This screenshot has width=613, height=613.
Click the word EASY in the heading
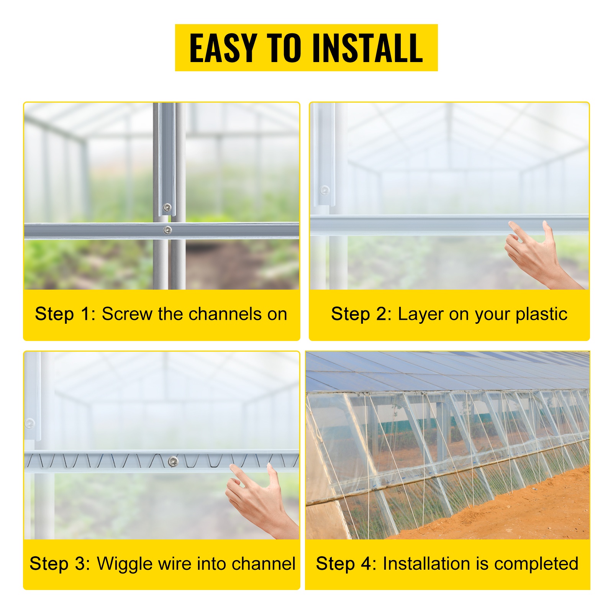point(223,48)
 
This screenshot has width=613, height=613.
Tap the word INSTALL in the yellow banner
point(367,48)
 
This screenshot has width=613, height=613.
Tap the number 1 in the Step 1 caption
point(85,314)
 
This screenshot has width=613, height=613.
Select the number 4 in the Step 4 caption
point(367,564)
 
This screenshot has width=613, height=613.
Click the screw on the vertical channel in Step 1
point(167,208)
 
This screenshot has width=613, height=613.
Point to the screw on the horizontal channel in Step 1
point(167,230)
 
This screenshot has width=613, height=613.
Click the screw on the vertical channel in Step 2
point(325,190)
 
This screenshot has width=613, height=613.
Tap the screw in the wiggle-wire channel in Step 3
point(173,462)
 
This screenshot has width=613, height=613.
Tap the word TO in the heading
point(284,48)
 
